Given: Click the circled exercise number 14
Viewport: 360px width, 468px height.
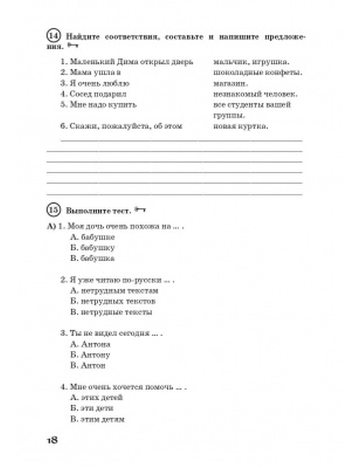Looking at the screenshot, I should [x=53, y=37].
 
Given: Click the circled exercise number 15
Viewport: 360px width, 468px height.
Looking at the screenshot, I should [x=53, y=210].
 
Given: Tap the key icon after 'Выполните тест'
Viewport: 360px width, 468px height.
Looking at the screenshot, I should [x=140, y=210].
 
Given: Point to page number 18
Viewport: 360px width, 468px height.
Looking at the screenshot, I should [x=52, y=440].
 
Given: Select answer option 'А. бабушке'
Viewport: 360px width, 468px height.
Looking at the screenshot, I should [x=93, y=237].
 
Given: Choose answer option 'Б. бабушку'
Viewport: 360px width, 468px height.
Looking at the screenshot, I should [x=93, y=248].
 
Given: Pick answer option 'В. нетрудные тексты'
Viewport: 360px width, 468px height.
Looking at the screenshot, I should [x=111, y=312].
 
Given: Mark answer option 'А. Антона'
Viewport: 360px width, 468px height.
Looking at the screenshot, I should [x=90, y=344].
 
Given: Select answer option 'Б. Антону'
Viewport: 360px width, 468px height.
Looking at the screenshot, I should [x=90, y=355].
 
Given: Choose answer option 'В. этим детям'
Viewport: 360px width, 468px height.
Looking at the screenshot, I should [x=98, y=419].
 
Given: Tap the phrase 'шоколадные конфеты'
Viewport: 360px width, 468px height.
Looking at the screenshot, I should [x=257, y=73].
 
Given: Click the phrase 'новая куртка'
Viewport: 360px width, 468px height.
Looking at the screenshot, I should [x=240, y=126].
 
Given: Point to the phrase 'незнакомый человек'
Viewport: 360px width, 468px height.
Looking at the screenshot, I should [x=255, y=94].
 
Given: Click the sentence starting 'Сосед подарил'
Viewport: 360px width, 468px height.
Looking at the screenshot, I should [x=94, y=94].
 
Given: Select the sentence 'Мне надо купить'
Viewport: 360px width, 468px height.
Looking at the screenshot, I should [x=99, y=105].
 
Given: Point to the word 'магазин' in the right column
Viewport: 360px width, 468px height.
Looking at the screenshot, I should [x=230, y=84].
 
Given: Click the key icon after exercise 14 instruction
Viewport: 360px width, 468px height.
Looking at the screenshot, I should [x=72, y=46].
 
